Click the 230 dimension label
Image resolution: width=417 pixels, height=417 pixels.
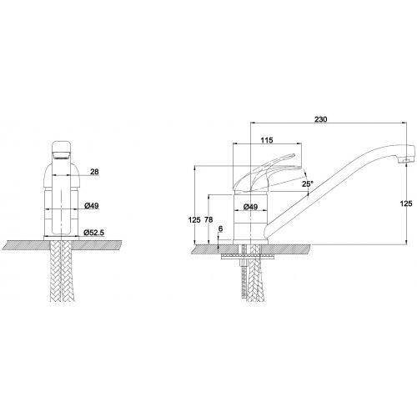click(x=321, y=119)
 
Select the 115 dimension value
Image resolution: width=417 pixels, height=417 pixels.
click(x=267, y=140)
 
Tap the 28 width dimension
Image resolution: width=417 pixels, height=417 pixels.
click(x=94, y=172)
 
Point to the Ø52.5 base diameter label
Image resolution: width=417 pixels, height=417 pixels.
click(x=94, y=233)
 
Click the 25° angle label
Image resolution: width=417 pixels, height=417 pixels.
click(x=308, y=183)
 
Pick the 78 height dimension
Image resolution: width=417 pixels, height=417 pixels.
click(x=208, y=219)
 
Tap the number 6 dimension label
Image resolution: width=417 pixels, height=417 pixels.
click(x=221, y=229)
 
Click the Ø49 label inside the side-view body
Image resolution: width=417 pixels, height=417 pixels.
click(x=250, y=207)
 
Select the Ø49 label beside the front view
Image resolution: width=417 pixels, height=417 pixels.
click(x=92, y=206)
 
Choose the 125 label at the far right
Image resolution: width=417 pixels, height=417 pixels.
click(x=406, y=203)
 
